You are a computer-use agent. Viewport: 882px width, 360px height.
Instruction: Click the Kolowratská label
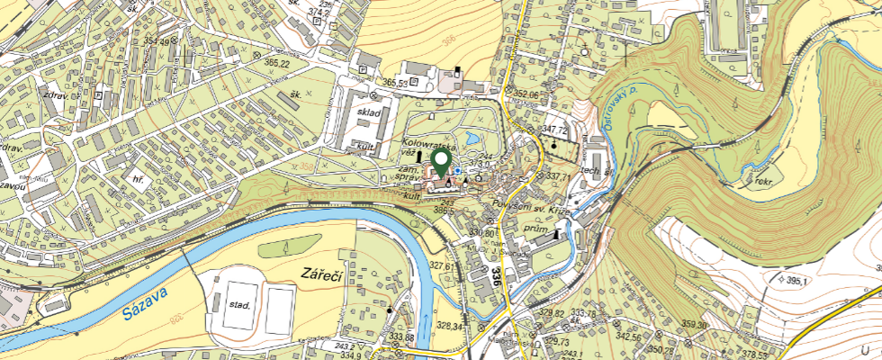tap(428, 144)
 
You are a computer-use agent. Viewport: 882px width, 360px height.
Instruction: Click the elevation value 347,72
tap(553, 131)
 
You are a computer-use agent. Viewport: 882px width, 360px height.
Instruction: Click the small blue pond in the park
tap(458, 169)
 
